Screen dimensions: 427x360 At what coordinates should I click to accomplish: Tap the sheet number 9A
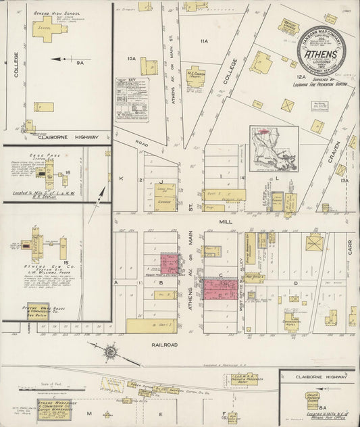[x=80, y=61]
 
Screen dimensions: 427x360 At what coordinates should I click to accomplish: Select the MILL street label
[x=225, y=220]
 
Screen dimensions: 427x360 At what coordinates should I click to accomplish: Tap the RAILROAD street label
[x=159, y=345]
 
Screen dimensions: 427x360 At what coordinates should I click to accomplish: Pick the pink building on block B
[x=169, y=263]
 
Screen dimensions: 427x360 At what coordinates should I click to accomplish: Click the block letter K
[x=122, y=178]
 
